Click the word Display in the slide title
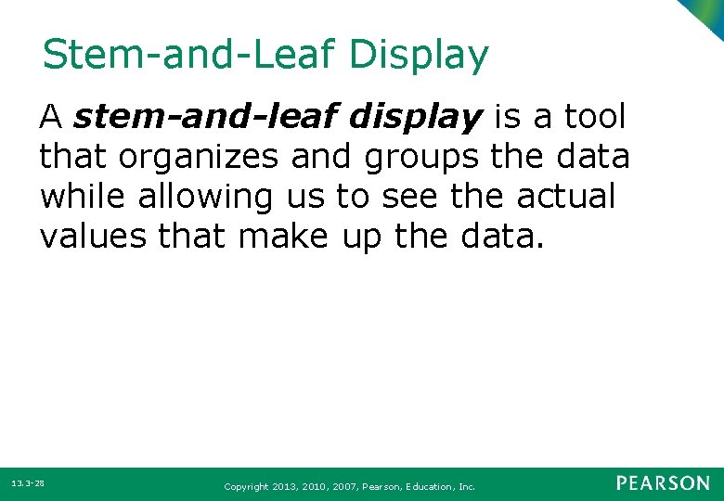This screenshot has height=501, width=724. pos(419,57)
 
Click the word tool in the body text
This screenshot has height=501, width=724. pos(595,118)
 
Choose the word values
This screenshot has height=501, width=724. pos(93,237)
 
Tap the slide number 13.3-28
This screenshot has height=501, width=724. pos(29,484)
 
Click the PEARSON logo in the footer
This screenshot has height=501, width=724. pos(663,483)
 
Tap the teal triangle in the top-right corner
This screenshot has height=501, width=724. pos(711,13)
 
